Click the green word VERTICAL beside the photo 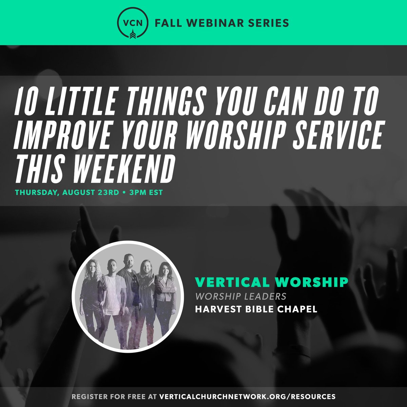tap(226, 282)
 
